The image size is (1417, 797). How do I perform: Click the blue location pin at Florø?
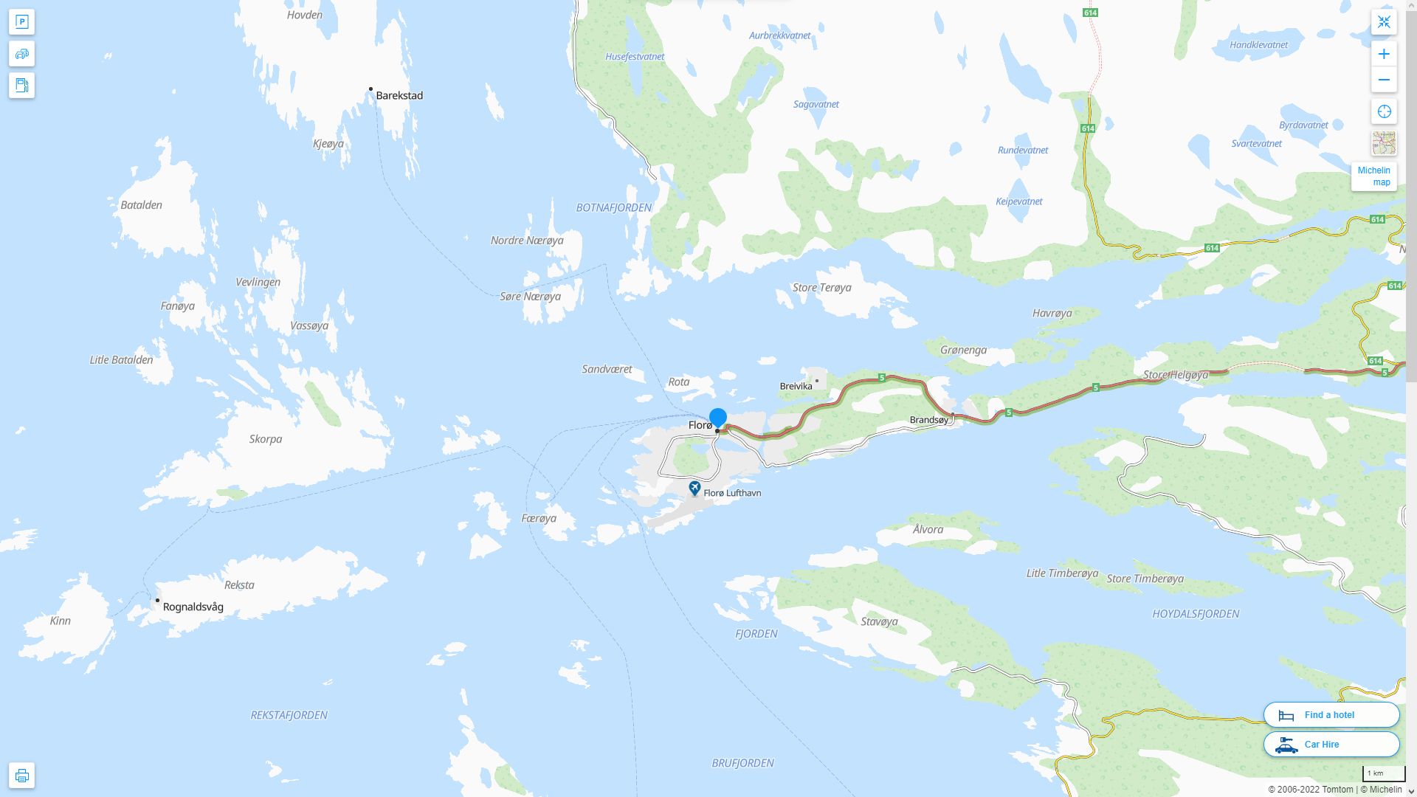(x=717, y=418)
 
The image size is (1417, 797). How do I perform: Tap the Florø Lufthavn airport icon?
(x=694, y=489)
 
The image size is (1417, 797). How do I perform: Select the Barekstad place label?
(x=399, y=95)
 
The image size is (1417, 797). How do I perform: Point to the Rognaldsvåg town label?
(x=193, y=607)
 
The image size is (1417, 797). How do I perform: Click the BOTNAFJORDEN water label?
(x=613, y=207)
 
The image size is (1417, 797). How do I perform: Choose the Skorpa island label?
(x=265, y=439)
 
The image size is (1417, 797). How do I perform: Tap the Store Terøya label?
(x=821, y=288)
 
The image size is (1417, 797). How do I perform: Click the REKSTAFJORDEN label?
(x=289, y=715)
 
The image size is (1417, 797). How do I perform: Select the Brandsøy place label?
(x=929, y=420)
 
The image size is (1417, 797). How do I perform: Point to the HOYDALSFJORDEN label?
(x=1196, y=614)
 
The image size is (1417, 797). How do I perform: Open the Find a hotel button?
(x=1331, y=714)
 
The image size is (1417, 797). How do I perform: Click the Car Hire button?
(x=1331, y=744)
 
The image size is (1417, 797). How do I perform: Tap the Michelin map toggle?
(x=1373, y=176)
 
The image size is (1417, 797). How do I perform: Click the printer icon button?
(x=21, y=776)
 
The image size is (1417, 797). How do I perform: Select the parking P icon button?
(x=21, y=22)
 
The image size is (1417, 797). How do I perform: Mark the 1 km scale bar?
(x=1383, y=774)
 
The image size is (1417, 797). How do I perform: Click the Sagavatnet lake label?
(x=816, y=104)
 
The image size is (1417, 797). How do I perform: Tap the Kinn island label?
(x=61, y=621)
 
